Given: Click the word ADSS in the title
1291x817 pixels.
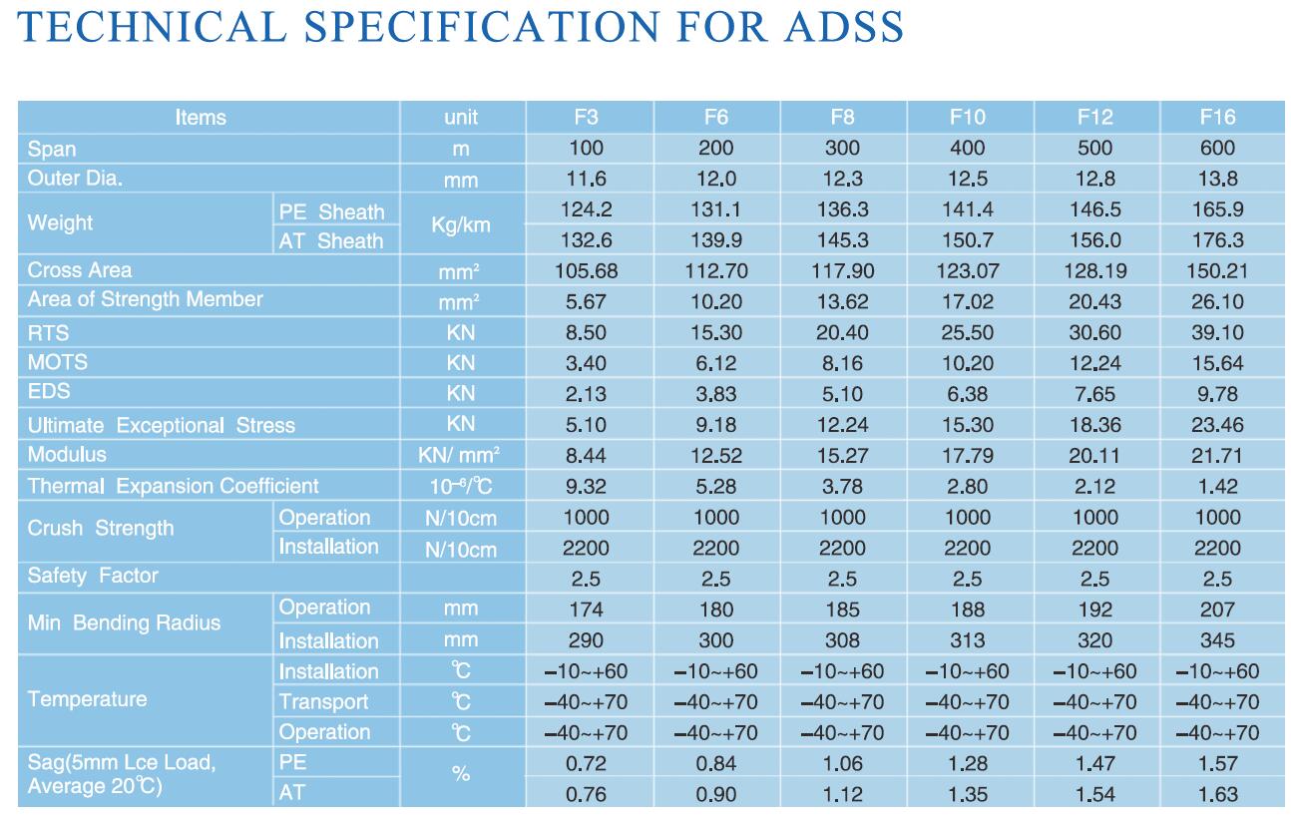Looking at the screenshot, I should [837, 27].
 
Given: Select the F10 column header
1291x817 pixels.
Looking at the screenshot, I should [968, 117].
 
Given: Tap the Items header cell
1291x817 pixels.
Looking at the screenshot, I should [201, 117].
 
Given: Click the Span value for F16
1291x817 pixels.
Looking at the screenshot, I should [1217, 148].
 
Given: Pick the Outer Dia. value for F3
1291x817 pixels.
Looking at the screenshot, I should [587, 180].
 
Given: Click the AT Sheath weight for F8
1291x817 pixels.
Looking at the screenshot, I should [842, 240].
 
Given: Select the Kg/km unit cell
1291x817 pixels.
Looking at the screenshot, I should [460, 225].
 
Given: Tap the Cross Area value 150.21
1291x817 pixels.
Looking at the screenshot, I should [1217, 270].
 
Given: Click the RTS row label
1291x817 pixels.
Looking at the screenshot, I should [48, 332].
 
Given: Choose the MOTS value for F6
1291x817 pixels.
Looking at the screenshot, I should [715, 363].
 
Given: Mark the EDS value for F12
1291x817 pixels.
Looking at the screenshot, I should [1094, 393].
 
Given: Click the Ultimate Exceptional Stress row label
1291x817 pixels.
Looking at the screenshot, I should [162, 425].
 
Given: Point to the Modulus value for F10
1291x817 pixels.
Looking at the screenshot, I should [968, 456].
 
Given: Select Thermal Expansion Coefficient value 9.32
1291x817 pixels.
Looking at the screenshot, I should [587, 487].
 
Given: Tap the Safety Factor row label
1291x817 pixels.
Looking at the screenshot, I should [93, 576].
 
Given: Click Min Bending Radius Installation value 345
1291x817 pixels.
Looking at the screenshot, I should [1217, 640].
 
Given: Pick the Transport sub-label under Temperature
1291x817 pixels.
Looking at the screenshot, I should [323, 702].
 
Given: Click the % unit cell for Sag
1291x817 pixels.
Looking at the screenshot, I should [460, 774].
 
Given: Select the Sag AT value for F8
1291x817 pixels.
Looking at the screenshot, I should [842, 795].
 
